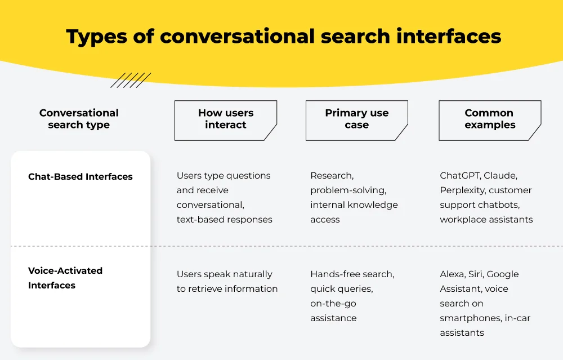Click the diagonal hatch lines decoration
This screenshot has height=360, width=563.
131,80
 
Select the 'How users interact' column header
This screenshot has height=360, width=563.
226,119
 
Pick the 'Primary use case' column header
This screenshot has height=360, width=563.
356,119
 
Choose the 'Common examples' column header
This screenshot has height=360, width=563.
489,119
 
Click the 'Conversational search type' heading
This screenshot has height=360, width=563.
79,119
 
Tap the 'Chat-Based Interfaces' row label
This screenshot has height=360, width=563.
81,176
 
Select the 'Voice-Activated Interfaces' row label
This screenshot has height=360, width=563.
65,278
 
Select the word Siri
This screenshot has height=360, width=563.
477,274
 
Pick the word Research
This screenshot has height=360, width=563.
332,176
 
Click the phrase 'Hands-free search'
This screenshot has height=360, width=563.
352,274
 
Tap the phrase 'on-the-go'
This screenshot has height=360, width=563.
333,304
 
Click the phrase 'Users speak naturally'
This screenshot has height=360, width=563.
224,274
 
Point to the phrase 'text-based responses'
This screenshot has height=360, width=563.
224,220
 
